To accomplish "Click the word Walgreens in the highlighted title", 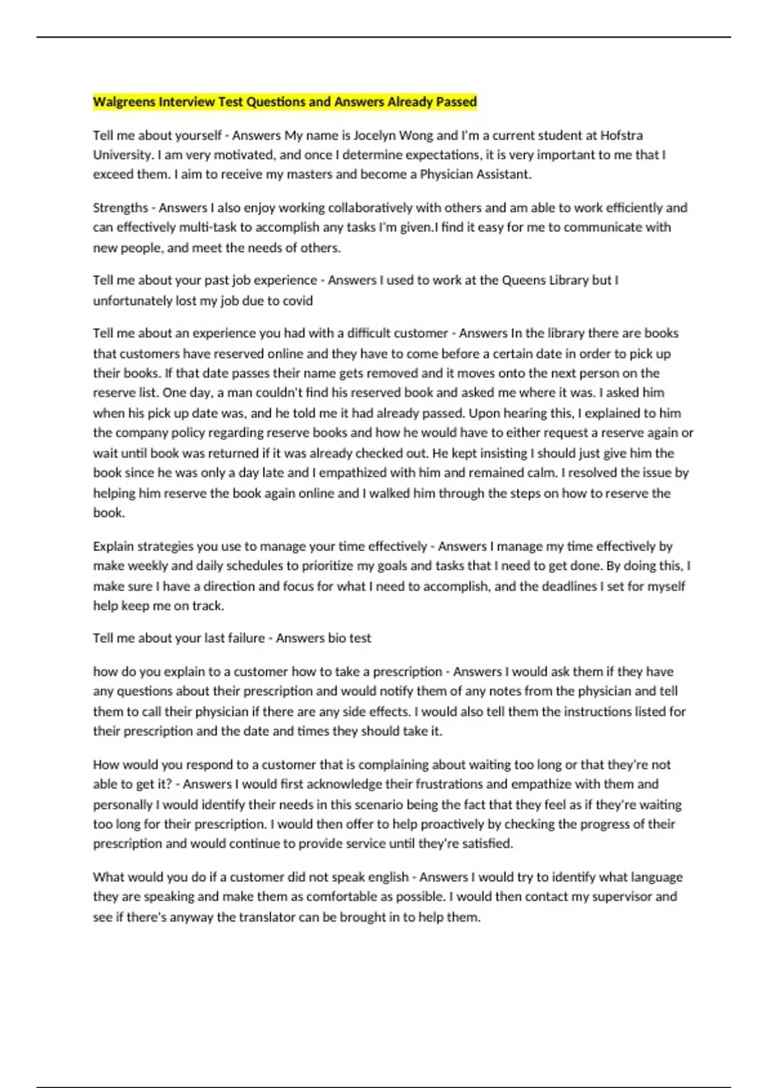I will (124, 102).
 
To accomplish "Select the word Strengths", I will (120, 208).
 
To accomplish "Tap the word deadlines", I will (564, 586).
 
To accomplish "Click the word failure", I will (245, 638).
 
